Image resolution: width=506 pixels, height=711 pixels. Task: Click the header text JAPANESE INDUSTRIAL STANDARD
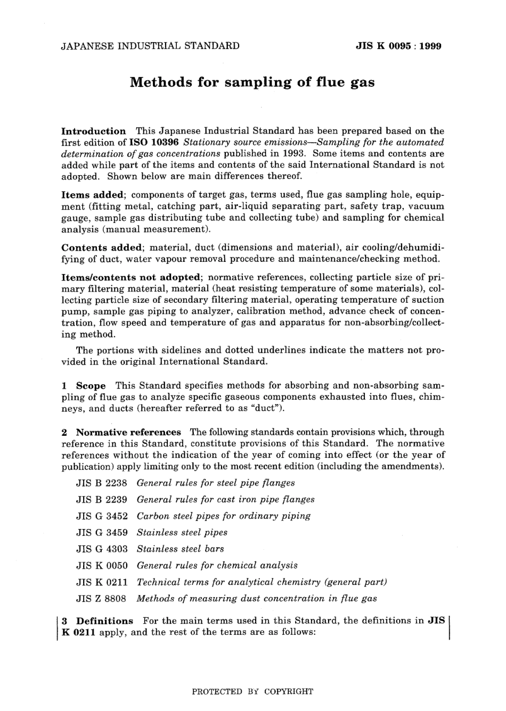[150, 46]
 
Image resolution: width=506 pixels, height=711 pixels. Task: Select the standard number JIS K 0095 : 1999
[398, 46]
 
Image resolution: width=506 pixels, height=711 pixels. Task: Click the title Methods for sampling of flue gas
[252, 82]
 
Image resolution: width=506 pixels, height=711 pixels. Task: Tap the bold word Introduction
[94, 131]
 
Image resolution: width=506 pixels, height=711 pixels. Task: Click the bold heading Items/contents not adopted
[131, 277]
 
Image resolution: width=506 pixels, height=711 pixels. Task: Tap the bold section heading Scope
[91, 385]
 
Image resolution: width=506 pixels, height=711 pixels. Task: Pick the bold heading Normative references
[128, 432]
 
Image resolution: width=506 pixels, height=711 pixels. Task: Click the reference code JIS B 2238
[102, 483]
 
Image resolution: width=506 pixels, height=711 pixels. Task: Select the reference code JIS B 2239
[102, 500]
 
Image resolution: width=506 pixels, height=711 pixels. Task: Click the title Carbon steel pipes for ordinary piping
[223, 516]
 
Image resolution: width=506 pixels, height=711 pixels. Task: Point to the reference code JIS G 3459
[102, 533]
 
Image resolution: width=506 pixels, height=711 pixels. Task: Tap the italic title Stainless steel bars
[180, 549]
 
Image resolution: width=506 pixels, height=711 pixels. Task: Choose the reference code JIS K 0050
[102, 566]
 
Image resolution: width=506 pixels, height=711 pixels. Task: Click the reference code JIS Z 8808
[101, 599]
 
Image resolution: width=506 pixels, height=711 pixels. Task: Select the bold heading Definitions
[104, 621]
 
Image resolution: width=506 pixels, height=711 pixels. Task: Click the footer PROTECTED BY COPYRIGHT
[252, 692]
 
